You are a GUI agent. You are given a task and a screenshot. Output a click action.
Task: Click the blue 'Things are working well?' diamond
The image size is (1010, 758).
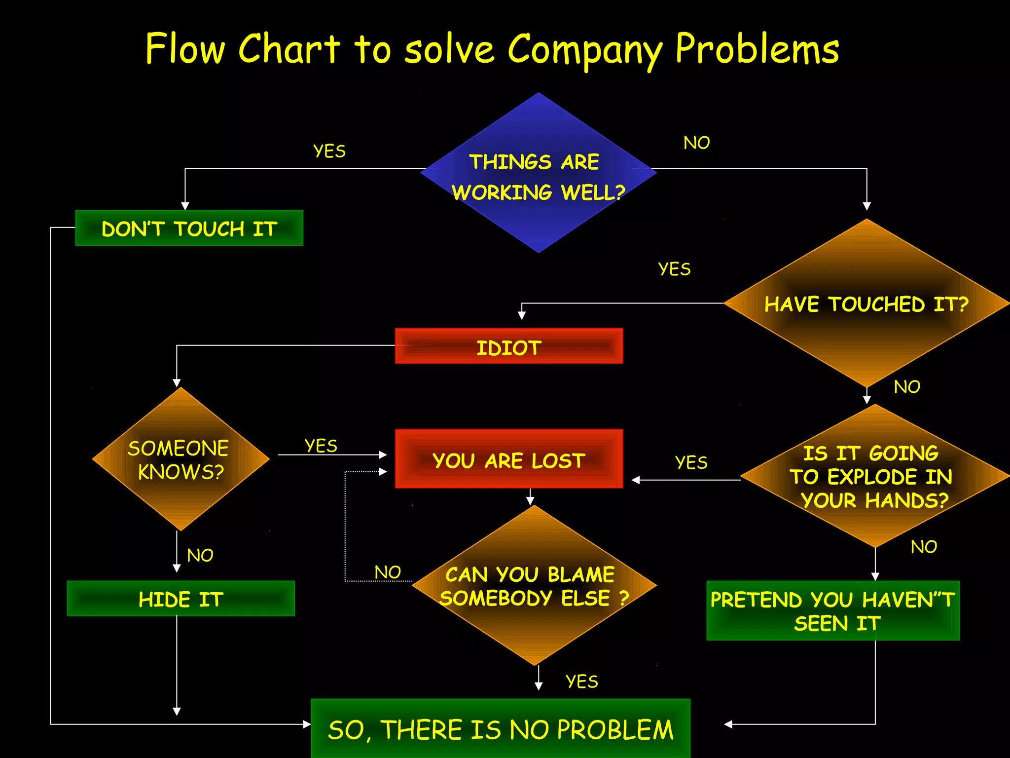pyautogui.click(x=538, y=173)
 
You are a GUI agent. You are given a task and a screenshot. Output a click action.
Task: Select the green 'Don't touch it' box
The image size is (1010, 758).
pyautogui.click(x=189, y=228)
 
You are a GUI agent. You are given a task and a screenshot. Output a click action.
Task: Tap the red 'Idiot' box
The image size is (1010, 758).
pyautogui.click(x=509, y=346)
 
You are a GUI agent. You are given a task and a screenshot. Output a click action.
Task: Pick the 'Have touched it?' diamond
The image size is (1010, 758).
pyautogui.click(x=866, y=303)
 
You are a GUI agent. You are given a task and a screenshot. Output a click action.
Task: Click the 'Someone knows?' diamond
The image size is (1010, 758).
pyautogui.click(x=180, y=459)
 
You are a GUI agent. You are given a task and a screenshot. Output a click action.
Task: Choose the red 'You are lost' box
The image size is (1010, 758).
pyautogui.click(x=509, y=459)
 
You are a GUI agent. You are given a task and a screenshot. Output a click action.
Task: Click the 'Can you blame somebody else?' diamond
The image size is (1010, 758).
pyautogui.click(x=534, y=586)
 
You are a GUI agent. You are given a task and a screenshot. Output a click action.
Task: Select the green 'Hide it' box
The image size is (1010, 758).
pyautogui.click(x=181, y=599)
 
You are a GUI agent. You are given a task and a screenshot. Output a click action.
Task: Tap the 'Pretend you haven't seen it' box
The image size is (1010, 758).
pyautogui.click(x=833, y=611)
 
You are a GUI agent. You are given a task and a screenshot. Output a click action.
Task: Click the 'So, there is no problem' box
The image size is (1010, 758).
pyautogui.click(x=501, y=729)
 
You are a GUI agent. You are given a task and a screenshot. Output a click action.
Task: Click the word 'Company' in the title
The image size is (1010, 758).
pyautogui.click(x=584, y=49)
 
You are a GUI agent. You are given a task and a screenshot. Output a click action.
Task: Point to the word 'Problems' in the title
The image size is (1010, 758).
pyautogui.click(x=757, y=49)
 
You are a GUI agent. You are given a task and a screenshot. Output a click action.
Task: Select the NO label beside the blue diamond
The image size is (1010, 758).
pyautogui.click(x=696, y=143)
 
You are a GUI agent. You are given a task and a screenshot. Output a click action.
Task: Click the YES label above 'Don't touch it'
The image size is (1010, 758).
pyautogui.click(x=329, y=151)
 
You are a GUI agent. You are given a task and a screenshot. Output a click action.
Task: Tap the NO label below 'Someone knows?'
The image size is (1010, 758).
pyautogui.click(x=200, y=556)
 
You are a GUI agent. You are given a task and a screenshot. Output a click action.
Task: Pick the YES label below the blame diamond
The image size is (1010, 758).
pyautogui.click(x=582, y=682)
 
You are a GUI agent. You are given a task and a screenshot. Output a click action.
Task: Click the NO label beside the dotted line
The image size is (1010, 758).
pyautogui.click(x=388, y=572)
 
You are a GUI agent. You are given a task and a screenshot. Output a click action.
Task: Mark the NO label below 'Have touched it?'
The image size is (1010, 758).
pyautogui.click(x=907, y=387)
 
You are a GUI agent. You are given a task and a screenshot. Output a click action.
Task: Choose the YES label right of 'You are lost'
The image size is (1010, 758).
pyautogui.click(x=691, y=462)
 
